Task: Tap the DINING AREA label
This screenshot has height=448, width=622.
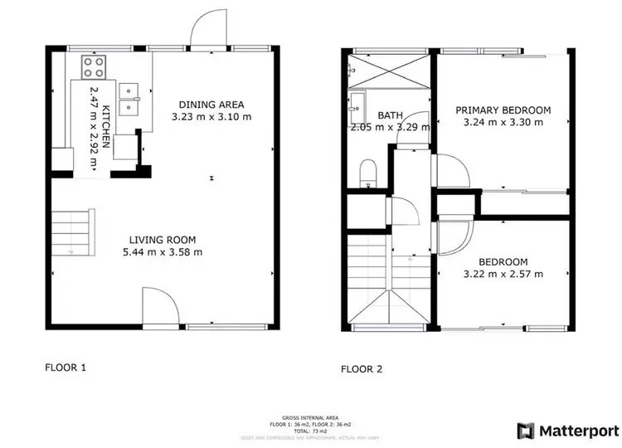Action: click(x=211, y=105)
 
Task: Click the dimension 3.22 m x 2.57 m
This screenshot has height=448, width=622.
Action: click(x=504, y=273)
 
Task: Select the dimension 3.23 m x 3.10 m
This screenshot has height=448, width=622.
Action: click(x=211, y=118)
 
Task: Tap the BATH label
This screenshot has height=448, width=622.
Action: click(x=390, y=115)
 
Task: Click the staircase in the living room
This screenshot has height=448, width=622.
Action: click(x=73, y=232)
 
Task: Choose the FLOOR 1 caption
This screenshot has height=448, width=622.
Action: click(x=65, y=366)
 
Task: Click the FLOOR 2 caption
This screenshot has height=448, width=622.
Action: click(x=362, y=368)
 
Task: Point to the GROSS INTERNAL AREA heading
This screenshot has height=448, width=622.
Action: click(x=311, y=418)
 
